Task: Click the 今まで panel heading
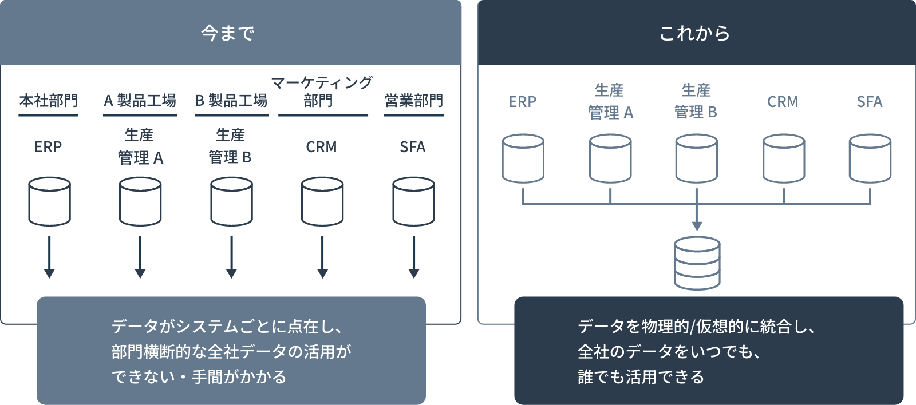(228, 33)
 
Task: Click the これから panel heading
(694, 33)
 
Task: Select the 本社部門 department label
(49, 101)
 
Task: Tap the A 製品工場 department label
(140, 101)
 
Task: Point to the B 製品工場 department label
(231, 101)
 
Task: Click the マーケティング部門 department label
(322, 92)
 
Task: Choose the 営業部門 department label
(413, 101)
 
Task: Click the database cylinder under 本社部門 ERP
(49, 201)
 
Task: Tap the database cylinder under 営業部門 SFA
(413, 201)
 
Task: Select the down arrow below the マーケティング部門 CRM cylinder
(322, 257)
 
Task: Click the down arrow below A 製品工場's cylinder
(140, 257)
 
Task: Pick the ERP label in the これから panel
(523, 102)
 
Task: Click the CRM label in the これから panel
(783, 102)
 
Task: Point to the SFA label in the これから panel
(870, 102)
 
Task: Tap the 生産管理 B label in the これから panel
(696, 101)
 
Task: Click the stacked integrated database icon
(697, 263)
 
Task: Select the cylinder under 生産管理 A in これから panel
(610, 158)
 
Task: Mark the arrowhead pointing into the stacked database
(697, 225)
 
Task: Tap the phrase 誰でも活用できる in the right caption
(641, 376)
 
